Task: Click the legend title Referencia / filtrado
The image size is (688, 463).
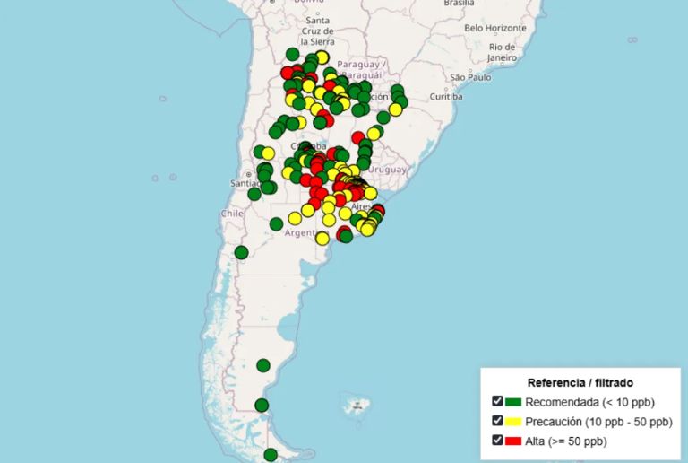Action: (580, 382)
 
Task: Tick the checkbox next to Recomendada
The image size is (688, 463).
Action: (497, 401)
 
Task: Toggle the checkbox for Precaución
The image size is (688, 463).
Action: (497, 421)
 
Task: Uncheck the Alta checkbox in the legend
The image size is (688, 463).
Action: (497, 440)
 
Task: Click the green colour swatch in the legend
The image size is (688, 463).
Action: (513, 402)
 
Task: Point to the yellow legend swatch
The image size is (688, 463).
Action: (513, 422)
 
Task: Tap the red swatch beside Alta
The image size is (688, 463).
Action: (513, 441)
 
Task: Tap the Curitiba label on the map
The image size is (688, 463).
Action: (445, 96)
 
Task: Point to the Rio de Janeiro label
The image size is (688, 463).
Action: (503, 52)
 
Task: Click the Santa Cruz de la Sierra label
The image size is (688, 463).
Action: (318, 31)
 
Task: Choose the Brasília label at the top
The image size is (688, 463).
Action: (459, 3)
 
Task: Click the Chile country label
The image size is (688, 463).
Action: (232, 214)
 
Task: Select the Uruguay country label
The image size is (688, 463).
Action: (387, 169)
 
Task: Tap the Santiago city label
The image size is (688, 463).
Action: (245, 184)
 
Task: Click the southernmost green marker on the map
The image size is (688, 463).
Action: (271, 455)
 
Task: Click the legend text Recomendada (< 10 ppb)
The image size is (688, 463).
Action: (589, 402)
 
